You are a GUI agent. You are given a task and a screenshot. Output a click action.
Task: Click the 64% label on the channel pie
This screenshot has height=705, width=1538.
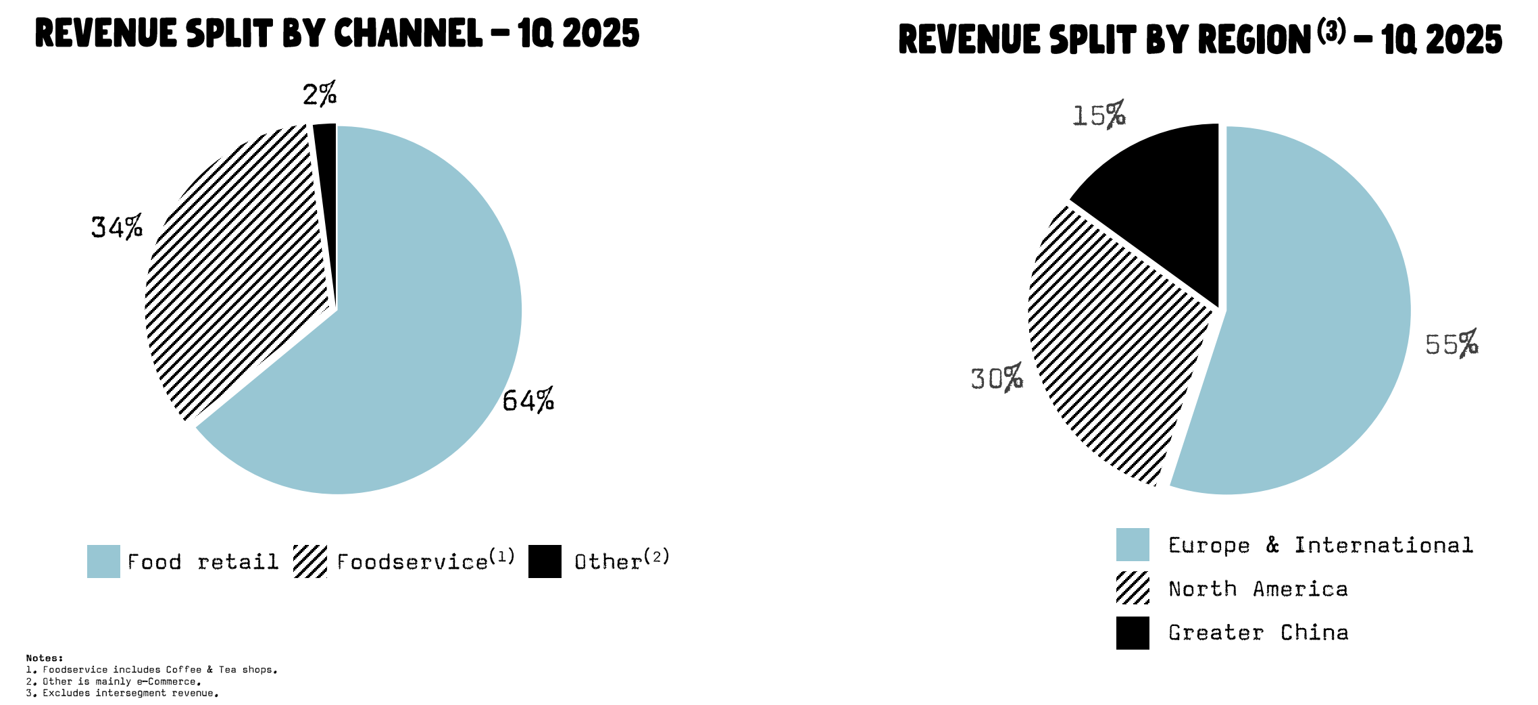point(528,400)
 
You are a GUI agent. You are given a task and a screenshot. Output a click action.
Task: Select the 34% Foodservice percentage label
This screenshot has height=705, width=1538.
point(117,227)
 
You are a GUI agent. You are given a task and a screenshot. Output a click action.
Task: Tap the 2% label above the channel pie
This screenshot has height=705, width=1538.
point(319,95)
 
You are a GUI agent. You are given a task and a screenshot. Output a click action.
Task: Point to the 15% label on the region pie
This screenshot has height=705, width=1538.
point(1099,115)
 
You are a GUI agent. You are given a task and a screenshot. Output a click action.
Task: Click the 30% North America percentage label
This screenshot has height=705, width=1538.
point(997,378)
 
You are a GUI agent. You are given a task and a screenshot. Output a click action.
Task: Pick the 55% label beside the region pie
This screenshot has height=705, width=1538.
point(1452,344)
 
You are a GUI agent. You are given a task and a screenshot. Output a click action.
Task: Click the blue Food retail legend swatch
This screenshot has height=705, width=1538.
point(103,561)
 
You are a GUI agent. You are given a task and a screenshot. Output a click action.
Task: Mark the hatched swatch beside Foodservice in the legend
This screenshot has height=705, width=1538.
point(310,561)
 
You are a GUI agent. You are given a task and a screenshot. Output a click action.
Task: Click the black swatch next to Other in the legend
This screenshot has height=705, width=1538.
point(545,561)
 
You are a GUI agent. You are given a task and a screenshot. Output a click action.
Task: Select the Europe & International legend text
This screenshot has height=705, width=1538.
point(1320,545)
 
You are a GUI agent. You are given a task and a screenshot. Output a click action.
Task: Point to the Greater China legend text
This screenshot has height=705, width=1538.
point(1258,633)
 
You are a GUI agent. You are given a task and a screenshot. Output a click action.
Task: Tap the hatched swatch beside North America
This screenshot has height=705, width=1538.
point(1133,587)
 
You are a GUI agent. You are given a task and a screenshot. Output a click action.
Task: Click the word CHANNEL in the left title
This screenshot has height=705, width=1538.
point(408,34)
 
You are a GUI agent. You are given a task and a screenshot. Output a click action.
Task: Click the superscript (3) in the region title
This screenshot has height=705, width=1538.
point(1331,32)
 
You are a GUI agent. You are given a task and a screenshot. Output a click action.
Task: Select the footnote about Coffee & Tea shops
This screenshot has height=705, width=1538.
point(152,670)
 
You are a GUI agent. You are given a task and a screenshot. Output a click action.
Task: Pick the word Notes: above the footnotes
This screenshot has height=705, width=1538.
point(45,658)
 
